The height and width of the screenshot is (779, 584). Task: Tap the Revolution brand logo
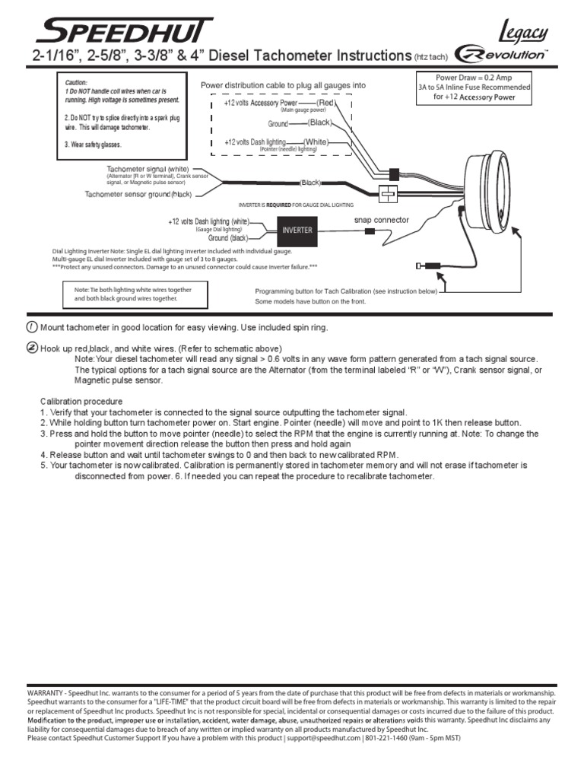click(502, 55)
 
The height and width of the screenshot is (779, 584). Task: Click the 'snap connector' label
click(382, 220)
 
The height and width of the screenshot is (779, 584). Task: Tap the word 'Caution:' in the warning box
click(76, 82)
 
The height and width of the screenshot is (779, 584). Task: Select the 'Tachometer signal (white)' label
click(148, 169)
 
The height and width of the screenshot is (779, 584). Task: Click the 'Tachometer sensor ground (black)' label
click(138, 195)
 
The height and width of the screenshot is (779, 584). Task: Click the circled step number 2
click(30, 347)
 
